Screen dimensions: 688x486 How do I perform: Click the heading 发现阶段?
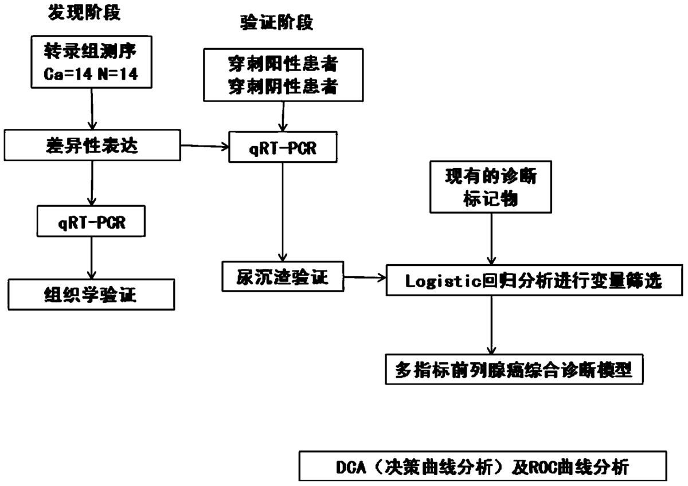pos(84,13)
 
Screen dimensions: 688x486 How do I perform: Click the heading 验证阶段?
pos(276,22)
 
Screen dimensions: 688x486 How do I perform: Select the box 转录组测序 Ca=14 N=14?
pos(92,62)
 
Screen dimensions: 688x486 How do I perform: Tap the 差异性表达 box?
pos(92,145)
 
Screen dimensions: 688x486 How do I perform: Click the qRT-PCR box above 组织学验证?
pos(91,221)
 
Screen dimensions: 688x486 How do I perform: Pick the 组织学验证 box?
pos(91,295)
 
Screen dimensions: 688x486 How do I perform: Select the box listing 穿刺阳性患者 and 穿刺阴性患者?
pos(283,75)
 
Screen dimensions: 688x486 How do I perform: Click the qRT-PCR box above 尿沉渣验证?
pos(283,147)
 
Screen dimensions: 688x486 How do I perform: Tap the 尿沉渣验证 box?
pos(283,277)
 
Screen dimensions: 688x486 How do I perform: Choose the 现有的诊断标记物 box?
pos(491,187)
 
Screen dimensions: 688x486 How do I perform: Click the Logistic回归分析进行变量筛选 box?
pos(534,280)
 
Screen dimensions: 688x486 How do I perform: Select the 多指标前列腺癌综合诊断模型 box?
pos(514,369)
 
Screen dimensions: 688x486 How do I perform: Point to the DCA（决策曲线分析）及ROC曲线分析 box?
pos(483,466)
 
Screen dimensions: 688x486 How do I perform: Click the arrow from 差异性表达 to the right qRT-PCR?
pos(205,147)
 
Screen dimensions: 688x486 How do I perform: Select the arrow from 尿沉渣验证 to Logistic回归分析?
pos(365,277)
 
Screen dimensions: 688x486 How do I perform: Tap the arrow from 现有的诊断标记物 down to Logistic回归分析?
pos(491,239)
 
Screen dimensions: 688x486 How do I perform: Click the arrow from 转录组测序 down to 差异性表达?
pos(92,109)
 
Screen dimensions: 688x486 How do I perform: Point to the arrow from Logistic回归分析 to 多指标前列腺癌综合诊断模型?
pos(491,325)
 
